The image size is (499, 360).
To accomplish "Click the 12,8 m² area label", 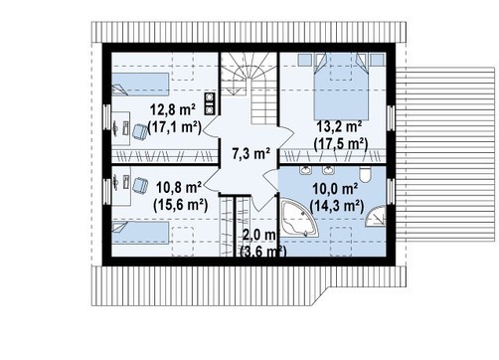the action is point(173,109).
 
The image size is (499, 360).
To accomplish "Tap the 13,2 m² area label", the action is point(339,126).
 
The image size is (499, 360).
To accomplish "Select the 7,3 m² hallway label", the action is point(250,154).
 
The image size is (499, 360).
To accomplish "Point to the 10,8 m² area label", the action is point(179,188).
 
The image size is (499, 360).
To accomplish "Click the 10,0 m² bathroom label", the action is point(335,189).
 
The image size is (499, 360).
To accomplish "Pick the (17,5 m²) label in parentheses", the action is point(341,144).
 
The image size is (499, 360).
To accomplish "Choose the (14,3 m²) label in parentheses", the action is point(336,207).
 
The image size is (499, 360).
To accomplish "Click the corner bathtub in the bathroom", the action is point(299,218).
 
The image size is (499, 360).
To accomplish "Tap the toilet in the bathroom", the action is point(366,175).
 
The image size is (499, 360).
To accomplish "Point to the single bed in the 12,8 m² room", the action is point(140,84).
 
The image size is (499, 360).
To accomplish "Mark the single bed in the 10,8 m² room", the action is point(140,233).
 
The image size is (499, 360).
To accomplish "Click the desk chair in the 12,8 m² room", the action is point(140,131).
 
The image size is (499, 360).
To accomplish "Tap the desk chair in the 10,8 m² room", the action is point(140,185).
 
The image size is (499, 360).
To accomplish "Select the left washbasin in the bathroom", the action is point(305,170).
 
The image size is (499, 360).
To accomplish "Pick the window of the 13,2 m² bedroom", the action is point(391,118).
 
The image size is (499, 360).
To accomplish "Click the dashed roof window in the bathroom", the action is point(341,242).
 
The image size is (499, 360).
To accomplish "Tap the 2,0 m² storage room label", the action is point(259,236).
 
